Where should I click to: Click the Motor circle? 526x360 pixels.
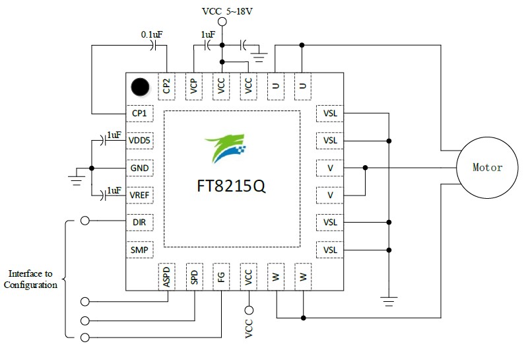click(487, 168)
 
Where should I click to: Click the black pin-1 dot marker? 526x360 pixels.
click(139, 86)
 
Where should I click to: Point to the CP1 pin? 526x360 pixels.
click(139, 113)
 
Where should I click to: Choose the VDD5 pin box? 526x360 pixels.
click(139, 141)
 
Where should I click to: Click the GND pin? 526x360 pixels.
click(139, 168)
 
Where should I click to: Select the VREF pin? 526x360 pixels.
click(139, 195)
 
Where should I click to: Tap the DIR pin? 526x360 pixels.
click(139, 222)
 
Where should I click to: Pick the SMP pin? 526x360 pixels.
click(139, 250)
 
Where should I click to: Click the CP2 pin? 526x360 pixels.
click(167, 86)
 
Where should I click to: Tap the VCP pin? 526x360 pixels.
click(194, 86)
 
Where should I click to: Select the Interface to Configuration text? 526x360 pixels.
click(30, 279)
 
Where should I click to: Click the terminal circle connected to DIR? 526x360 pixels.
click(84, 222)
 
